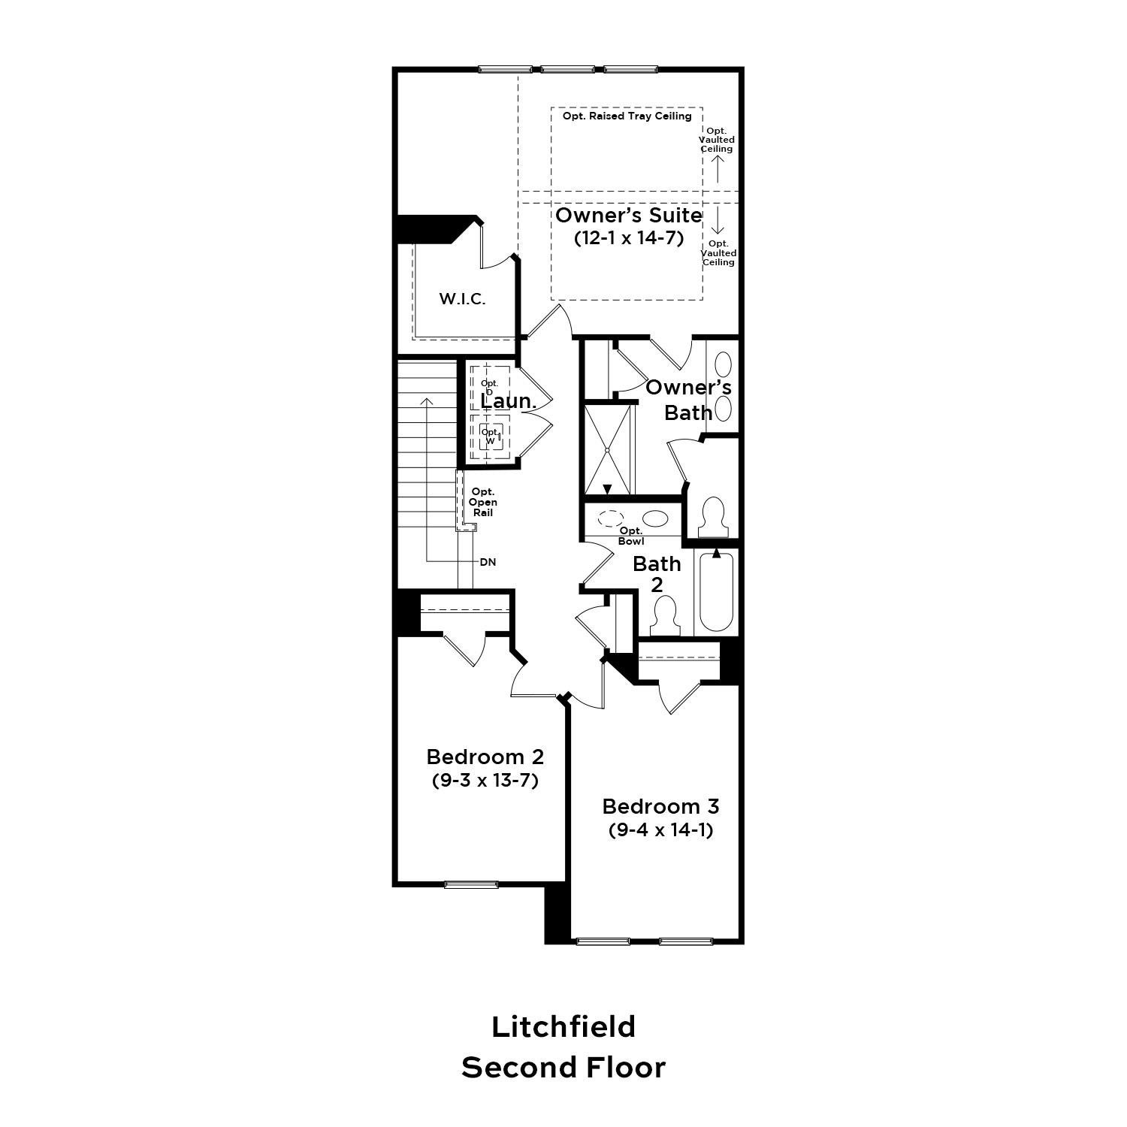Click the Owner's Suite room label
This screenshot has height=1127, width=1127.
(628, 216)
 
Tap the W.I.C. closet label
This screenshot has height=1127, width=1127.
(462, 299)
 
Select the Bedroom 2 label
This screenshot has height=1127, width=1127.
(485, 756)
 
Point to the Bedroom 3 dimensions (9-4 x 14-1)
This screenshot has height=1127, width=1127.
(660, 830)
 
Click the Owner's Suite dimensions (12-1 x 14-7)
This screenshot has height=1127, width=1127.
(628, 239)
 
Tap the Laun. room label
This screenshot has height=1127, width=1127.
(508, 401)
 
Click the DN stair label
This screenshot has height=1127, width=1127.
(488, 562)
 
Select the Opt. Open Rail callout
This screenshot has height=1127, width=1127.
(483, 502)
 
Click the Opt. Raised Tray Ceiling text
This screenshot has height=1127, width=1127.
(627, 116)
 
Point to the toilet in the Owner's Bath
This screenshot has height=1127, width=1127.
(712, 517)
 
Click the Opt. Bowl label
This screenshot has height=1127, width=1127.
(631, 536)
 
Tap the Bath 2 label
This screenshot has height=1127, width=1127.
(657, 573)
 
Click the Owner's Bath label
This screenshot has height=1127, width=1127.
(688, 400)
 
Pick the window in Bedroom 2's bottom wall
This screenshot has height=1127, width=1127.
(471, 884)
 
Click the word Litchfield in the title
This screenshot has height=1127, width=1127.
(563, 1026)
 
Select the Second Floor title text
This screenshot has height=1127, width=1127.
(563, 1068)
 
